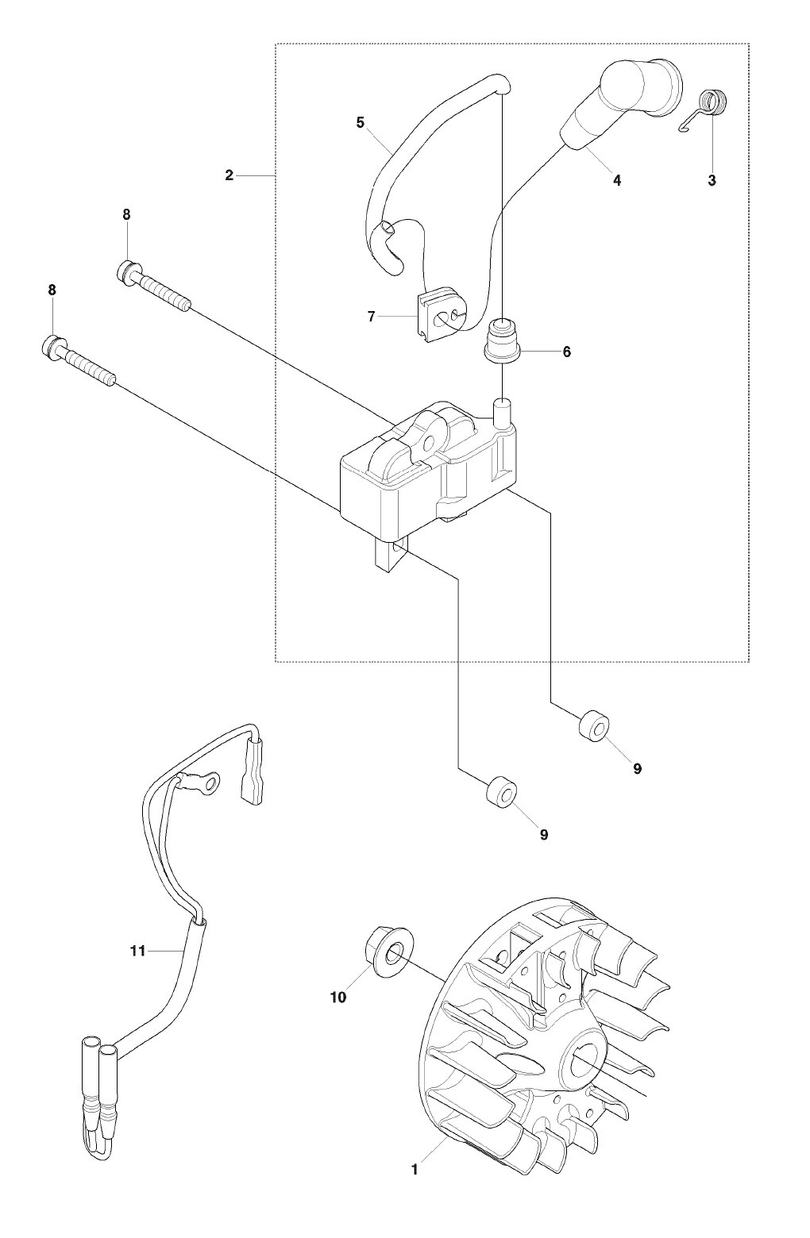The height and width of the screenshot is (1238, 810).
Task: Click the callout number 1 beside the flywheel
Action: (x=414, y=1169)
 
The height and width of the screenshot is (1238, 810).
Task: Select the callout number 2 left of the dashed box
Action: (x=229, y=175)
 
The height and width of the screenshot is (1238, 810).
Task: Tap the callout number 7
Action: (x=371, y=317)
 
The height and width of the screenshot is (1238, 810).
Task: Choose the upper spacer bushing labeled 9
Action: (x=595, y=726)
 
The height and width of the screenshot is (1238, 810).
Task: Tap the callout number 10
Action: (x=338, y=998)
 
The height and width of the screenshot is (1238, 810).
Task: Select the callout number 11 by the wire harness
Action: (x=138, y=950)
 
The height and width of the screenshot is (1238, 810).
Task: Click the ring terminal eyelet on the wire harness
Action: (x=231, y=786)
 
